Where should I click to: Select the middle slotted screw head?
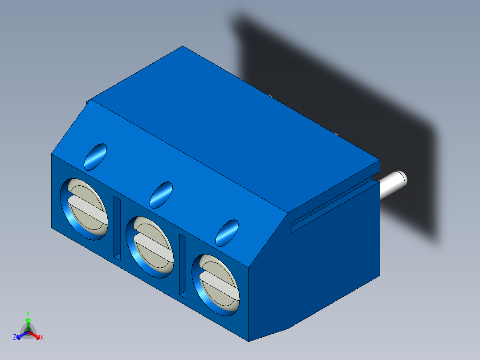coord(152,246)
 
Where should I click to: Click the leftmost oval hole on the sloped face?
coord(96,156)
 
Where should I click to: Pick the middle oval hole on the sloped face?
coord(161,194)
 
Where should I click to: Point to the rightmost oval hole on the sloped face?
coord(227,232)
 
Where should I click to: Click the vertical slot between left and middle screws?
coord(117,228)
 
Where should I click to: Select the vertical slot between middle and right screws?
coord(183,266)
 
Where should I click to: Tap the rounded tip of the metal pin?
coord(401,179)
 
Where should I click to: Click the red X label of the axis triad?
coord(42,338)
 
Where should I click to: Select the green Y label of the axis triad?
coord(28,313)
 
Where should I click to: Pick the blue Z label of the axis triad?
coord(15,337)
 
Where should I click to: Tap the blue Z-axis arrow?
coord(20,335)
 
